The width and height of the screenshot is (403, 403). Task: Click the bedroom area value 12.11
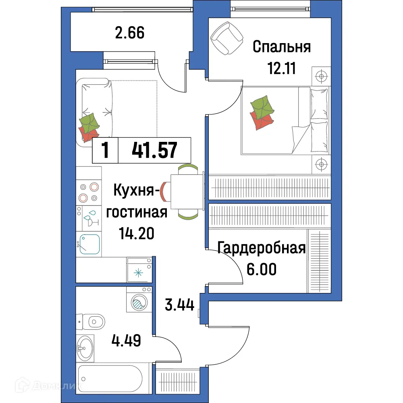coord(282,68)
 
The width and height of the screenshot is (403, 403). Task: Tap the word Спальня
coord(282,47)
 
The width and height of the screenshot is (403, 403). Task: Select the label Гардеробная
coord(261,248)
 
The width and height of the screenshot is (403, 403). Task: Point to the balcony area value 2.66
coord(129,32)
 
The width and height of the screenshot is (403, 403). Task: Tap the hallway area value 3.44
coord(180,304)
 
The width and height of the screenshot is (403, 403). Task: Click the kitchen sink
coord(89,244)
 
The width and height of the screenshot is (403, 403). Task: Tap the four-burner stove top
coord(89,192)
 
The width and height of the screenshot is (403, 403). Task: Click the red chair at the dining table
coord(164,192)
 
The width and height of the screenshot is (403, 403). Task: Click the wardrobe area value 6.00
coord(261,269)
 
